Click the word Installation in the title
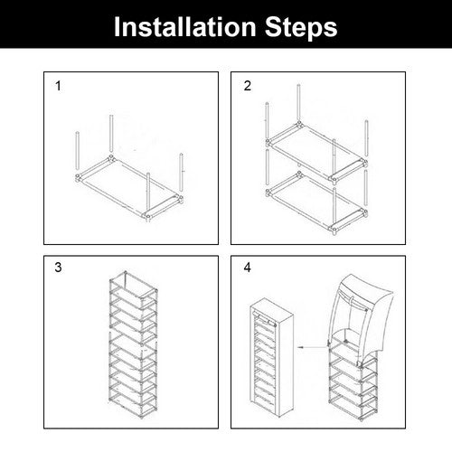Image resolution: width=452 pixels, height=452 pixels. (x=185, y=27)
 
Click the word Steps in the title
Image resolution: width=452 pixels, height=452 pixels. (x=301, y=27)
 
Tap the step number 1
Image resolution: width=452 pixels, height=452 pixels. (x=58, y=86)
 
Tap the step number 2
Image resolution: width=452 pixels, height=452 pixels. (x=248, y=86)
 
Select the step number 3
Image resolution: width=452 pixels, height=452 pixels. (x=58, y=268)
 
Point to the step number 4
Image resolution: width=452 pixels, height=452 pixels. (x=248, y=268)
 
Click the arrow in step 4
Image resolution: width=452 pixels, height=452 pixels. (x=312, y=347)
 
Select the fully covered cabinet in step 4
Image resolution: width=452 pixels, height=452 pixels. (x=272, y=358)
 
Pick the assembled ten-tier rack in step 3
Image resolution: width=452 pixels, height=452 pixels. (x=134, y=344)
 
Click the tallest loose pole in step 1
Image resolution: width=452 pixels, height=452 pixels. (x=111, y=134)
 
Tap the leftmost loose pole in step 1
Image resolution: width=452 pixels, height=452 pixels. (x=77, y=152)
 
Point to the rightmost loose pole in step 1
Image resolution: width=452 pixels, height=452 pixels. (x=181, y=172)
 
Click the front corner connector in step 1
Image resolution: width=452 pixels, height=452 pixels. (x=147, y=216)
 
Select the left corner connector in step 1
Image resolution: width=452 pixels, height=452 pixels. (x=78, y=178)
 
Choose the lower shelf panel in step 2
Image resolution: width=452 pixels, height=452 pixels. (x=317, y=202)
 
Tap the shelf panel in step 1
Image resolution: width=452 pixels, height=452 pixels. (x=129, y=186)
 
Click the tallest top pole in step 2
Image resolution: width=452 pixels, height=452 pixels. (x=298, y=102)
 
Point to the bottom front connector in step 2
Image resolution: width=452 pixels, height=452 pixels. (x=334, y=230)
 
